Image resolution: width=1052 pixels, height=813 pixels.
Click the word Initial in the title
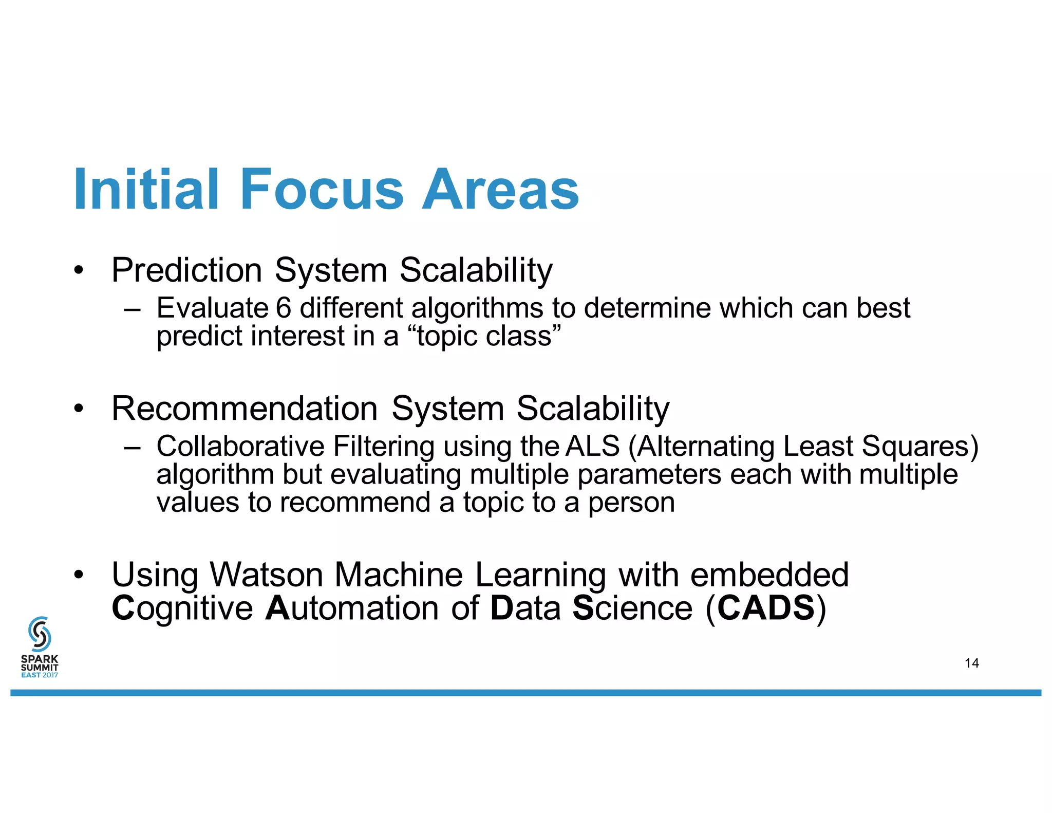tap(146, 190)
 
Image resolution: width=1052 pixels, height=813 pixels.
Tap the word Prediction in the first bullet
tap(186, 270)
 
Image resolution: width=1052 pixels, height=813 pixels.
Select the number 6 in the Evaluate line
tap(284, 308)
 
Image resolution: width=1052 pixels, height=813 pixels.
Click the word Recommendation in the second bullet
tap(245, 409)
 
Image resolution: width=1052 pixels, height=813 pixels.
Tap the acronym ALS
tap(592, 446)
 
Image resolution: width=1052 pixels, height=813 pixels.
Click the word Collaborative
tap(240, 446)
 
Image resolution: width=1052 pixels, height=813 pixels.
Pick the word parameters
tap(649, 475)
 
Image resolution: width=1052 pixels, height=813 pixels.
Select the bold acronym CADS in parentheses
tap(766, 608)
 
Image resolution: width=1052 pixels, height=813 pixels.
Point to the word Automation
tap(352, 608)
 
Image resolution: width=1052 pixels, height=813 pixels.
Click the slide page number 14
tap(971, 663)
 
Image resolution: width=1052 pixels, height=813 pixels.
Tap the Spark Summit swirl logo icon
tap(40, 634)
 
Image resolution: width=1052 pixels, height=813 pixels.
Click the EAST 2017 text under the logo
tap(40, 675)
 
